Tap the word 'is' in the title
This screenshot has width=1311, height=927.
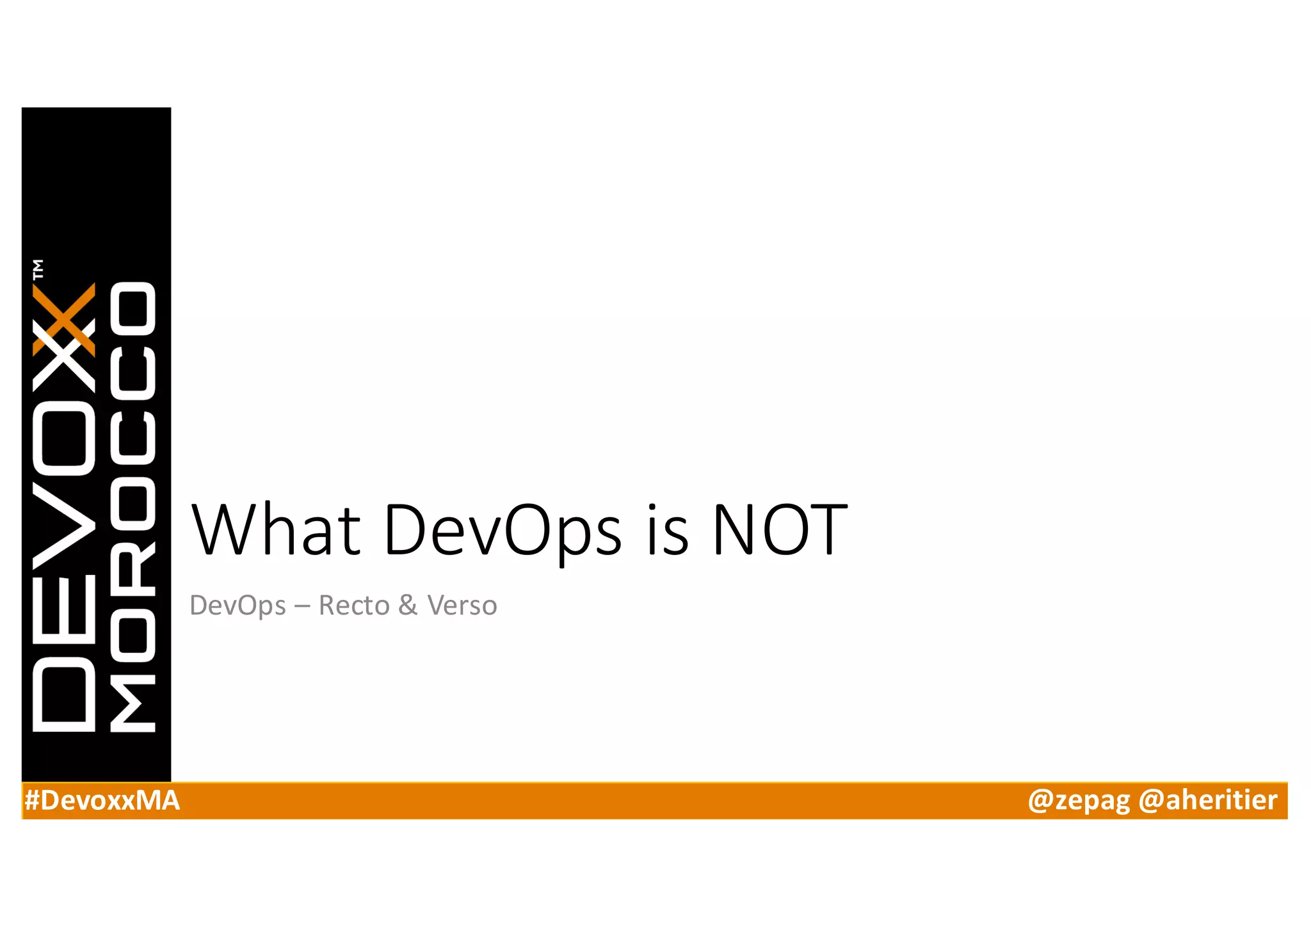tap(668, 530)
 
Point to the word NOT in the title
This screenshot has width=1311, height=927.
tap(780, 530)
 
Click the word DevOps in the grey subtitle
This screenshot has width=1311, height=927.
tap(237, 606)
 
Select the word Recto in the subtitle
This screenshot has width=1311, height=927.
tap(354, 606)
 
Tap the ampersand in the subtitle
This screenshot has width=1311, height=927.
tap(408, 606)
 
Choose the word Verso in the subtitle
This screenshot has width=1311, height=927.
tap(462, 606)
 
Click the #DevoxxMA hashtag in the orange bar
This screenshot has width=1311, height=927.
tap(102, 801)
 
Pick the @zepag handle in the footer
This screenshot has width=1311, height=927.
tap(1079, 801)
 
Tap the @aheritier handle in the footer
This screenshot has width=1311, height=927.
tap(1207, 801)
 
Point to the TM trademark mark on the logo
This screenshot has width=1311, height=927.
tap(38, 269)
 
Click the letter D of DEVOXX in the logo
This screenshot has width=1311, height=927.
tap(64, 698)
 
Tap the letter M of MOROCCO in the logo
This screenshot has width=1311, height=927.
tap(133, 703)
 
